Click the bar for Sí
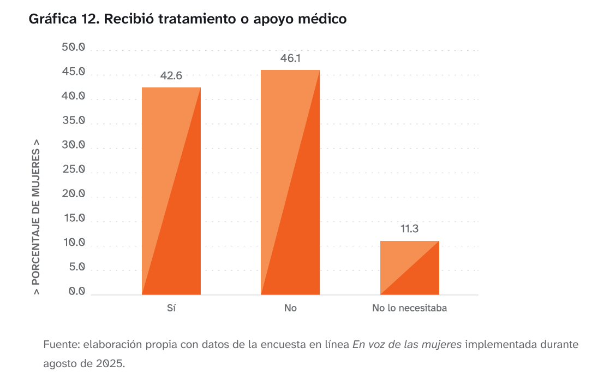pyautogui.click(x=171, y=191)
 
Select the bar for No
pyautogui.click(x=290, y=182)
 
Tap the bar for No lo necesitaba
pyautogui.click(x=409, y=268)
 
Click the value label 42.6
pyautogui.click(x=171, y=76)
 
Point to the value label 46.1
pyautogui.click(x=290, y=58)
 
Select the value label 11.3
pyautogui.click(x=409, y=229)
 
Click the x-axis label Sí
pyautogui.click(x=171, y=308)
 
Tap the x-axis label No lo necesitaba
pyautogui.click(x=409, y=308)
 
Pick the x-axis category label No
pyautogui.click(x=290, y=308)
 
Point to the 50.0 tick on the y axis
pyautogui.click(x=74, y=48)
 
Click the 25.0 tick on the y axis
pyautogui.click(x=74, y=169)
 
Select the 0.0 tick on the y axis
pyautogui.click(x=77, y=292)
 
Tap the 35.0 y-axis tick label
pyautogui.click(x=74, y=121)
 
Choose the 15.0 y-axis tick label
pyautogui.click(x=74, y=219)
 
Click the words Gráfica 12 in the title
pyautogui.click(x=61, y=19)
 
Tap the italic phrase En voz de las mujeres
pyautogui.click(x=407, y=345)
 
